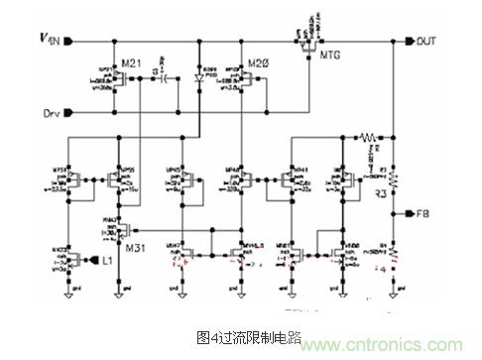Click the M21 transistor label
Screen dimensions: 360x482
pyautogui.click(x=132, y=62)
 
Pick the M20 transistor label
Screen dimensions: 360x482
pyautogui.click(x=260, y=62)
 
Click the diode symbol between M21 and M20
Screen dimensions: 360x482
pyautogui.click(x=198, y=75)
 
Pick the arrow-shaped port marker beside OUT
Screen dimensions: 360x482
pyautogui.click(x=410, y=42)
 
